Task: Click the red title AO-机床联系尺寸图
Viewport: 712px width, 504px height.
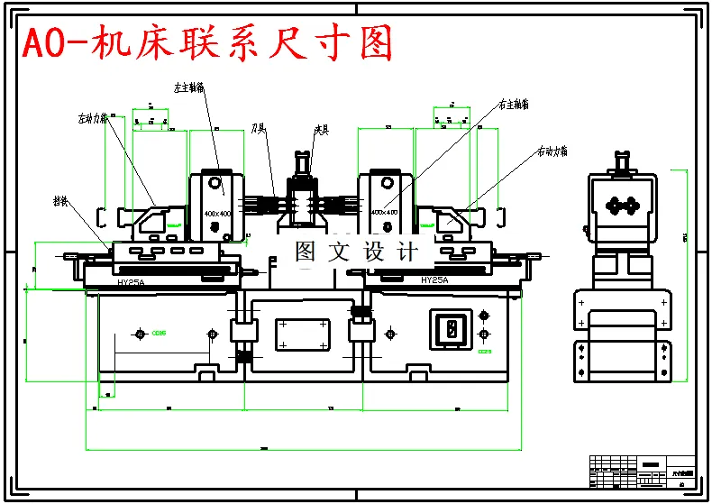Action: click(207, 43)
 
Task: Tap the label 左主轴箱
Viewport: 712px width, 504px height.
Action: click(188, 88)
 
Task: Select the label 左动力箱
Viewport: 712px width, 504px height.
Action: click(93, 117)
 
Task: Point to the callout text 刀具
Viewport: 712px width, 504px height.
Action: click(259, 130)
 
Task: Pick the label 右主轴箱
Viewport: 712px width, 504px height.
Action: click(514, 105)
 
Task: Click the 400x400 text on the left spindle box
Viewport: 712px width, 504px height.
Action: click(217, 212)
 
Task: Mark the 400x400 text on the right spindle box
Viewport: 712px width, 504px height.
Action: click(385, 212)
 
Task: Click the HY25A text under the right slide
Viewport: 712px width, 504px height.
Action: click(434, 280)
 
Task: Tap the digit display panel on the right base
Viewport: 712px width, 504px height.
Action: click(448, 328)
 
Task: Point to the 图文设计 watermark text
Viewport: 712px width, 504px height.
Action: click(356, 252)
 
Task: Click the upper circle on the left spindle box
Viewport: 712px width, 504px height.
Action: click(216, 183)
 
